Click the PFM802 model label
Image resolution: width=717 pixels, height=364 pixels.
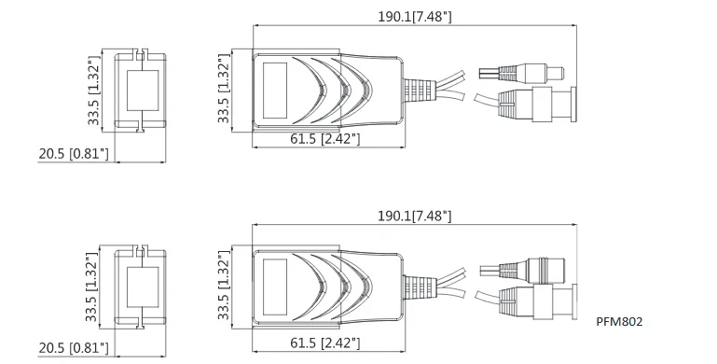(x=619, y=321)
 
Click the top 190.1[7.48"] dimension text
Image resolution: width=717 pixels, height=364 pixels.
(x=414, y=17)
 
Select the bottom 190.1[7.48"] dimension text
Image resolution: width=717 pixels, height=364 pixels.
(x=414, y=216)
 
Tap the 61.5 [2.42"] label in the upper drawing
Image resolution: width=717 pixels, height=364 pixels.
(x=325, y=139)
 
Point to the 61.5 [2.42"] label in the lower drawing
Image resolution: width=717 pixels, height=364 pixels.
(x=325, y=343)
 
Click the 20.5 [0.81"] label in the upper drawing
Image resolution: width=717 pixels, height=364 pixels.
(x=74, y=154)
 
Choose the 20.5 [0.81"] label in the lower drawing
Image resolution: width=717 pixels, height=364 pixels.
(x=74, y=348)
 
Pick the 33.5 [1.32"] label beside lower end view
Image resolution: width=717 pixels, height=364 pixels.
(x=92, y=287)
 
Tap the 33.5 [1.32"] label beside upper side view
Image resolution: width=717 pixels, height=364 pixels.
(x=224, y=89)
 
